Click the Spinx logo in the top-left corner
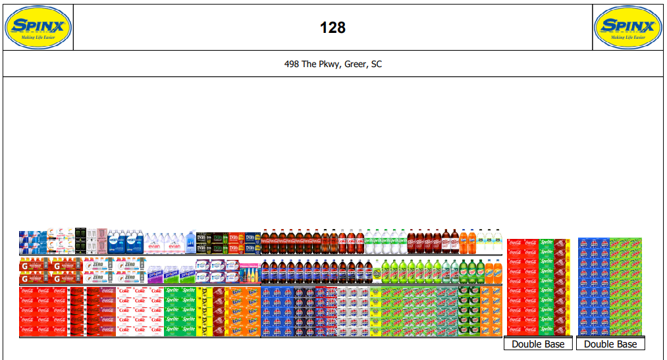pos(38,28)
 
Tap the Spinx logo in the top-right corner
pos(627,28)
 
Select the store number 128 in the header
pos(333,28)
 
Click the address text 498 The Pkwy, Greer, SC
pos(333,64)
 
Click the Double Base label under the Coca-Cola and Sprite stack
pos(538,344)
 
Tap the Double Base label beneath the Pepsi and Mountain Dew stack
pos(610,344)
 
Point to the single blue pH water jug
pos(191,242)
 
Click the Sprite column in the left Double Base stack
pos(547,287)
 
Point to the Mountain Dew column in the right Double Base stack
pos(626,287)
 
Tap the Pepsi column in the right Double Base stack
pos(593,287)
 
